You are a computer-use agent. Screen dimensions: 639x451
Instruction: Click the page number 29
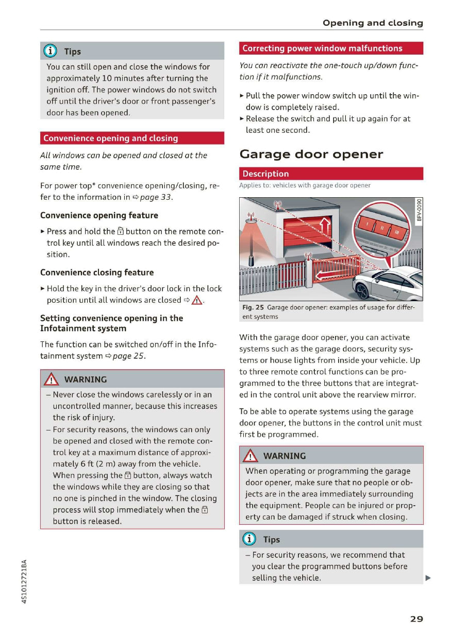tap(416, 618)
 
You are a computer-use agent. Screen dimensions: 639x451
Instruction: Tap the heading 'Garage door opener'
tap(311, 154)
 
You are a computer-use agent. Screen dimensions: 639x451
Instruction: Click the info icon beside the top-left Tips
tap(52, 51)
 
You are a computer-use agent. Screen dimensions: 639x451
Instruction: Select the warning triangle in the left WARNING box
tap(52, 379)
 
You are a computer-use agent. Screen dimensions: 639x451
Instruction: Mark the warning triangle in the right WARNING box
tap(251, 456)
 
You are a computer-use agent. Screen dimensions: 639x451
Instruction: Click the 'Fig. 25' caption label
tap(253, 307)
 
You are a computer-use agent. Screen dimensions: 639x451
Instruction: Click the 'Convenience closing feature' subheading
tap(97, 272)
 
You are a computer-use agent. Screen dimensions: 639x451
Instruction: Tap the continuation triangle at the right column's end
tap(427, 578)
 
